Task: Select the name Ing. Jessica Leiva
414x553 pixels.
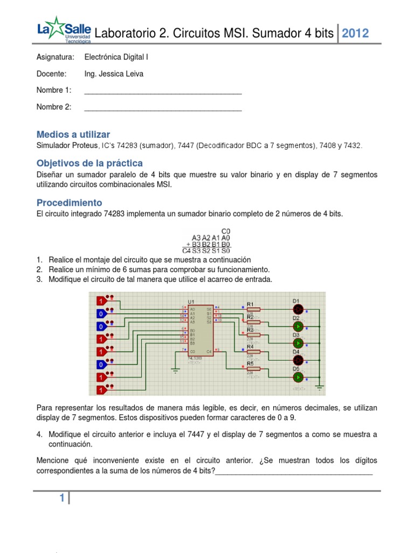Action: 114,74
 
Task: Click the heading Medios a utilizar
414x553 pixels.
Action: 73,134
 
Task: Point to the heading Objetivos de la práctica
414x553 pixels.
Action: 89,163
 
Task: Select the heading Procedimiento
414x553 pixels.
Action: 69,203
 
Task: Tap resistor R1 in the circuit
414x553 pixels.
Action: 253,309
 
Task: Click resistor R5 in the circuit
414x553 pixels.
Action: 253,368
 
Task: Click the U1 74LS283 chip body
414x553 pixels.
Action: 200,329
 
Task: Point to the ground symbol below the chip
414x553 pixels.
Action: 175,370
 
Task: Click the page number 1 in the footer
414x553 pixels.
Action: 63,500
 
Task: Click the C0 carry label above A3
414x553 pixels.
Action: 225,231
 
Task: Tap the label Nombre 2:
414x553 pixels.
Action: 54,107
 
